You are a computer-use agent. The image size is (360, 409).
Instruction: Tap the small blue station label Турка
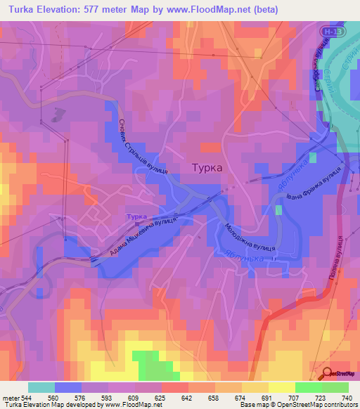coord(137,217)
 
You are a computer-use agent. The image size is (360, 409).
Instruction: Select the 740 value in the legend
coord(347,398)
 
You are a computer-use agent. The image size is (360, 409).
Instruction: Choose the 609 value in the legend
coord(135,398)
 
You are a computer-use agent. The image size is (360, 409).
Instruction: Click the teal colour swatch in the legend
coord(41,387)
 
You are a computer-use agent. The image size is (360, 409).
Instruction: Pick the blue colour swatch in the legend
coord(68,387)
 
